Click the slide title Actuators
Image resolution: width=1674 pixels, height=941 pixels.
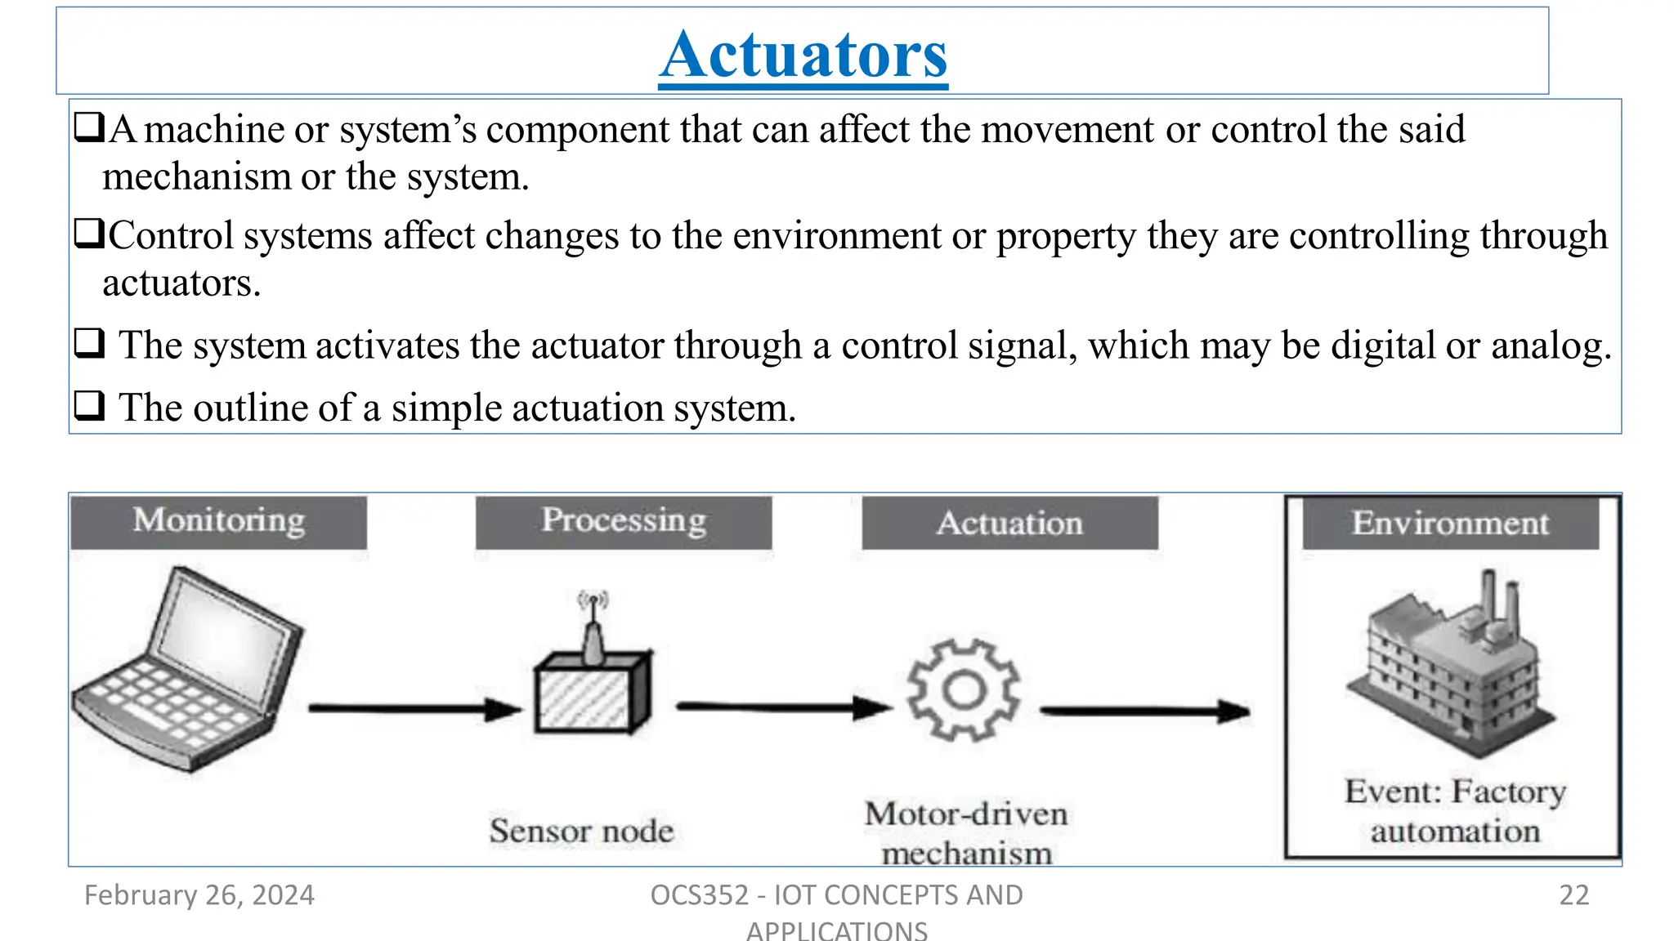tap(803, 55)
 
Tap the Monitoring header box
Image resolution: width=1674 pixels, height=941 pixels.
tap(219, 521)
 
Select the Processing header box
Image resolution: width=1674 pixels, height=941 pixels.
tap(624, 521)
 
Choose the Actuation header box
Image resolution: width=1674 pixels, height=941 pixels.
tap(1010, 523)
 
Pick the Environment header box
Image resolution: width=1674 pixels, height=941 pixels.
tap(1450, 523)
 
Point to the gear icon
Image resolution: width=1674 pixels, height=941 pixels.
tap(964, 690)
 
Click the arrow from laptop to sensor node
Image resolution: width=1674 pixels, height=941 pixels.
tap(413, 709)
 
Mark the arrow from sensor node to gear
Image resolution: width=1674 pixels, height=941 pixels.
tap(781, 707)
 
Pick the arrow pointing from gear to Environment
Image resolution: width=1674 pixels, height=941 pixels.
tap(1144, 711)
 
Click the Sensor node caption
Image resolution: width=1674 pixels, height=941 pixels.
tap(582, 831)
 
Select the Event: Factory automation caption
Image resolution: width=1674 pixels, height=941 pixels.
tap(1455, 811)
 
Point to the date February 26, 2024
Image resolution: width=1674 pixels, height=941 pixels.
tap(199, 895)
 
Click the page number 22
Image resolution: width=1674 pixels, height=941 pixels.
tap(1573, 895)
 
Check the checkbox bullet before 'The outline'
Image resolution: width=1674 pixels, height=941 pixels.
tap(89, 405)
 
